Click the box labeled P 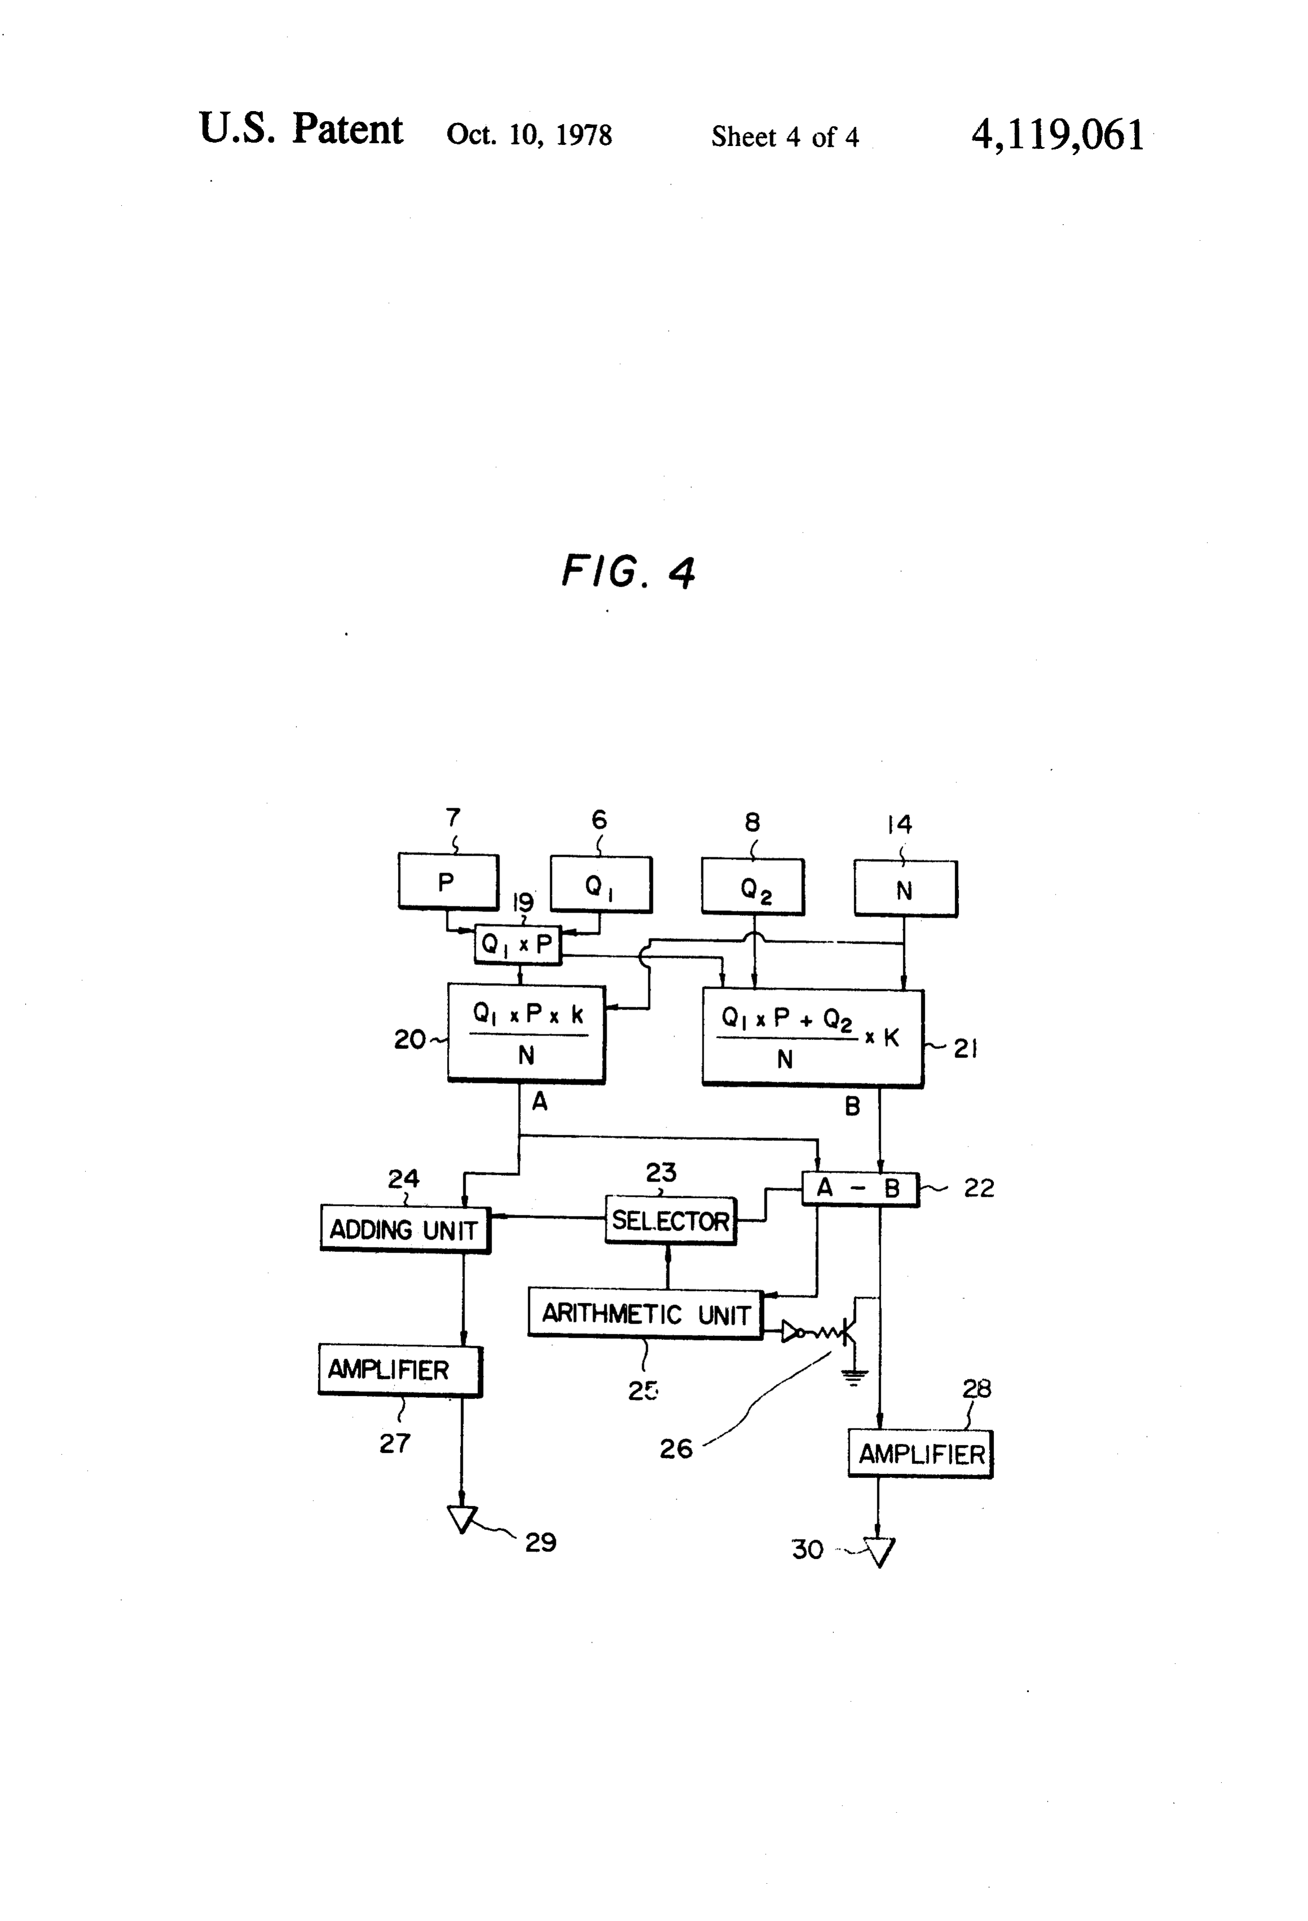pos(448,882)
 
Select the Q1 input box pos(601,884)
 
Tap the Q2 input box pos(753,887)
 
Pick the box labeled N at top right pos(905,888)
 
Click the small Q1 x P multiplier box pos(518,945)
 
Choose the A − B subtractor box pos(860,1189)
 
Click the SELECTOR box pos(670,1220)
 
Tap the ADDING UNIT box pos(405,1229)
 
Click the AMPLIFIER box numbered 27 pos(400,1370)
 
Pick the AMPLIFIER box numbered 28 pos(920,1454)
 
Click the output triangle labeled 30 pos(880,1552)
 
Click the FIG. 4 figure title pos(629,571)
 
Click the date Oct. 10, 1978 pos(529,135)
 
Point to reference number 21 pos(965,1049)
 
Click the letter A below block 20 pos(539,1101)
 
